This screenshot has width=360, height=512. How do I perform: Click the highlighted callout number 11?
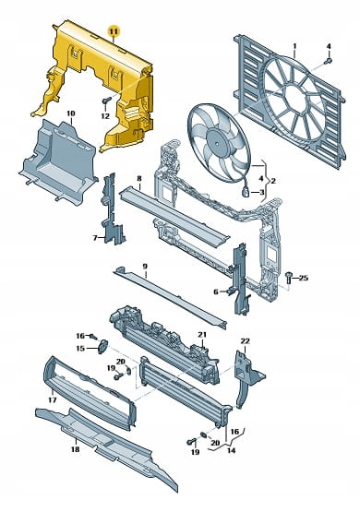click(114, 31)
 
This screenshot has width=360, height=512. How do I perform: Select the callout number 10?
click(70, 113)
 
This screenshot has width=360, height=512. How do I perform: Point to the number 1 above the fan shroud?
click(294, 46)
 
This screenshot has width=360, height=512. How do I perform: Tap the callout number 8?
click(139, 178)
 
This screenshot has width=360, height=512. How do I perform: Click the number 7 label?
click(95, 238)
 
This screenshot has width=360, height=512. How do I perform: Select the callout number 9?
click(145, 266)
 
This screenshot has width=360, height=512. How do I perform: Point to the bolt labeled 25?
click(288, 278)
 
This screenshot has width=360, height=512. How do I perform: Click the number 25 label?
click(304, 278)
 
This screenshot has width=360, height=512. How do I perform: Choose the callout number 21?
click(202, 335)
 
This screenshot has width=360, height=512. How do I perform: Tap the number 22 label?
click(245, 341)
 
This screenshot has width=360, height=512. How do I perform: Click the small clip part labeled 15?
click(102, 347)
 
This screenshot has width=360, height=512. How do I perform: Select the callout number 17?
click(53, 399)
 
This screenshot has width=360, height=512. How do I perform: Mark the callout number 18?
click(75, 449)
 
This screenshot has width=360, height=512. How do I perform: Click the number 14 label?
click(232, 451)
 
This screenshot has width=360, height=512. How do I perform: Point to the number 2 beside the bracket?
click(273, 180)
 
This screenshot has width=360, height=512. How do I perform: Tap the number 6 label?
click(216, 292)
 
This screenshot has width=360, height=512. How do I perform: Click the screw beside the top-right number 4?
click(329, 61)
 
